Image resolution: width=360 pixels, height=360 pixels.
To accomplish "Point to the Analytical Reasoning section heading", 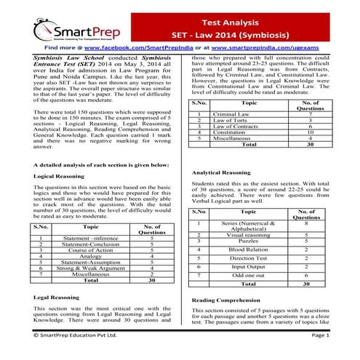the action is pos(221,172).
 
